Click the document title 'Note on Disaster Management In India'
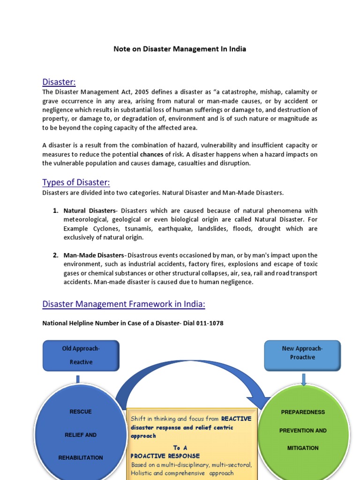pos(180,49)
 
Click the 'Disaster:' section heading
pos(59,82)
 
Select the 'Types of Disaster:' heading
pos(76,182)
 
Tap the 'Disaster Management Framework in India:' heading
pos(124,304)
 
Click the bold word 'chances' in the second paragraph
pos(151,154)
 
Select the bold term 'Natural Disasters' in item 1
pos(89,211)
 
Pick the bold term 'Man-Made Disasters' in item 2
pos(94,255)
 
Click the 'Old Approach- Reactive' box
pos(81,355)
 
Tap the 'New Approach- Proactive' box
pos(302,353)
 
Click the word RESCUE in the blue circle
pos(81,412)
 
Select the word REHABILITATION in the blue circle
pos(81,457)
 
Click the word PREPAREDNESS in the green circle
pos(303,412)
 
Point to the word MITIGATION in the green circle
pos(303,448)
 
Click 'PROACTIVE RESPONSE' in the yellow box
pos(165,456)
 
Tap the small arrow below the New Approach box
pos(304,380)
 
